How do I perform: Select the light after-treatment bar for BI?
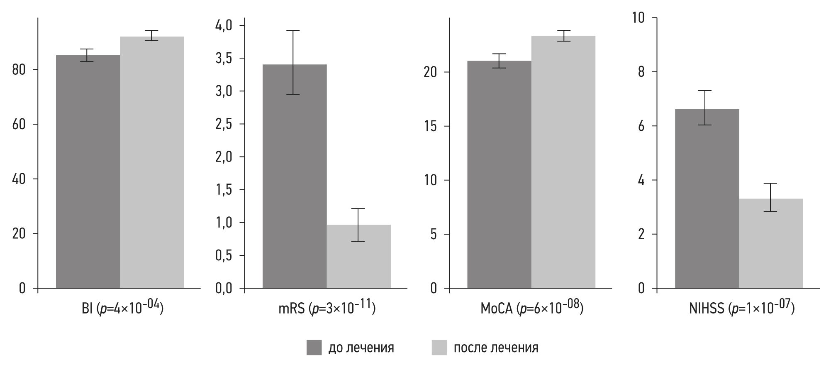[152, 162]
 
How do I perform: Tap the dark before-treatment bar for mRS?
[295, 176]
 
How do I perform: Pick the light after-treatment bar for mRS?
[358, 256]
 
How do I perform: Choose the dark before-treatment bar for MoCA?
[499, 174]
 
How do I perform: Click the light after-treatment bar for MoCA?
[563, 162]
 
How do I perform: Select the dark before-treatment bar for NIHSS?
[707, 198]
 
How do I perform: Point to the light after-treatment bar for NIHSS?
[771, 243]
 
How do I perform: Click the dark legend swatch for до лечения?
[314, 348]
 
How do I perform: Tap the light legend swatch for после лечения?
[439, 348]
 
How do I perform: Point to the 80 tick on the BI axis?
[19, 70]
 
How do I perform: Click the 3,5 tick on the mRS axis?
[224, 59]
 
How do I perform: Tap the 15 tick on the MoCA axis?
[431, 127]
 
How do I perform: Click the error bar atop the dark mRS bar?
[293, 62]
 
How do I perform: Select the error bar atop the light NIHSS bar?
[770, 197]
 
